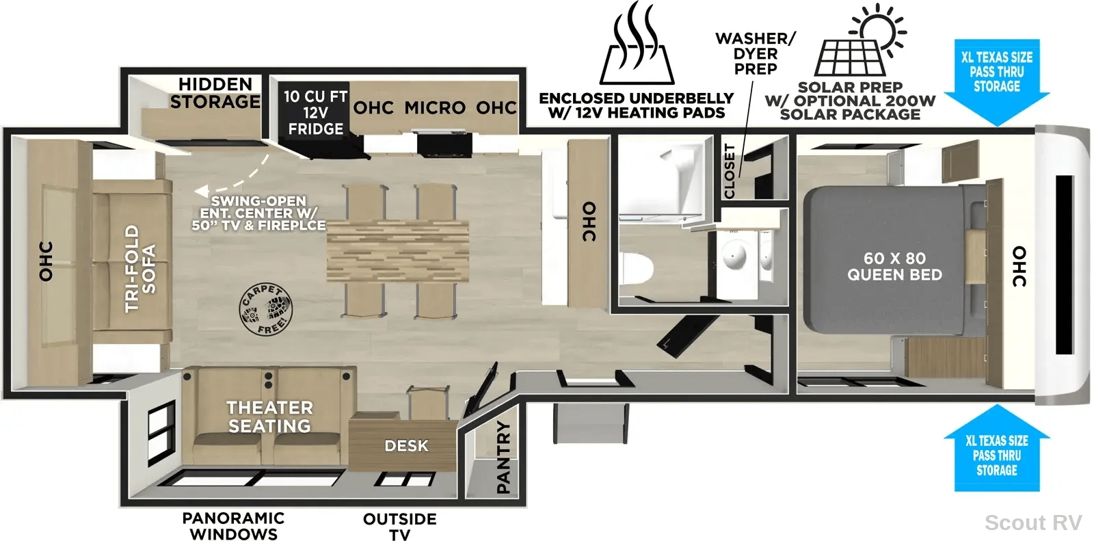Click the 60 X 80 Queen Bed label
(x=895, y=266)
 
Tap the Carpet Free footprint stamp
(x=266, y=309)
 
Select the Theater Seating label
(x=269, y=417)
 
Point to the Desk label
(x=406, y=446)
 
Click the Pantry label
(x=503, y=458)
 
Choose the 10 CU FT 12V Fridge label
(x=315, y=112)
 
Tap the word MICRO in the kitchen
(x=435, y=107)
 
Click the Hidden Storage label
(x=215, y=93)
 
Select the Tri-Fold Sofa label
(x=140, y=268)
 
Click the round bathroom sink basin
(x=734, y=255)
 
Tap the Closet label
(x=729, y=171)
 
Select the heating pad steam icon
(x=637, y=43)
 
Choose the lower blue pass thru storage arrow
(x=997, y=448)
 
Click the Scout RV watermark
(x=1033, y=523)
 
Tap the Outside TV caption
(x=399, y=527)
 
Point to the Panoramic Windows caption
(x=233, y=526)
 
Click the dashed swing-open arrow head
(x=201, y=192)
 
